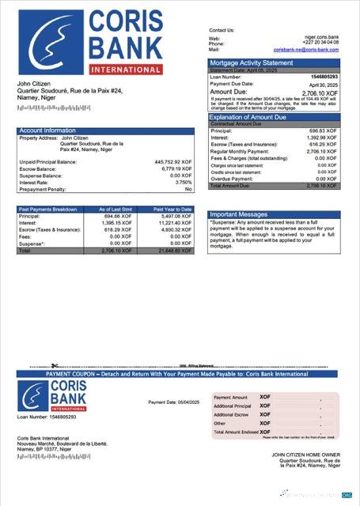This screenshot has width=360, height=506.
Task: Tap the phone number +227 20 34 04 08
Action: (x=319, y=43)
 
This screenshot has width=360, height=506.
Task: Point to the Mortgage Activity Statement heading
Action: (x=251, y=62)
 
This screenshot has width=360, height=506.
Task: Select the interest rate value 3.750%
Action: (x=179, y=183)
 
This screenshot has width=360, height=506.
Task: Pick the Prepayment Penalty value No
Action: (x=188, y=190)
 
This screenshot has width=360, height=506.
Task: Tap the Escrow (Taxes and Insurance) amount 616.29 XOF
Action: (x=323, y=145)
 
